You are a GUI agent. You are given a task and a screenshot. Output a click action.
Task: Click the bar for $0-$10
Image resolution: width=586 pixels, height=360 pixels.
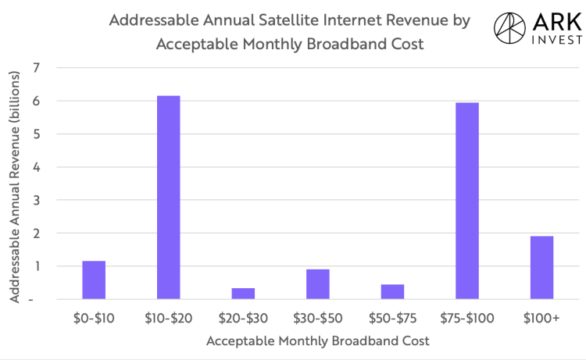[x=94, y=280]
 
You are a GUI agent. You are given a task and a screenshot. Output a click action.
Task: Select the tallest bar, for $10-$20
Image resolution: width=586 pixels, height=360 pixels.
[x=168, y=197]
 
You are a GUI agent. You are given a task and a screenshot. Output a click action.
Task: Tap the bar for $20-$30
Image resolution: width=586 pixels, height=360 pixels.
[x=243, y=293]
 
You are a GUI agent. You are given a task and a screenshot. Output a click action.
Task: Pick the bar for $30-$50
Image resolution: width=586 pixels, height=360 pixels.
[x=317, y=283]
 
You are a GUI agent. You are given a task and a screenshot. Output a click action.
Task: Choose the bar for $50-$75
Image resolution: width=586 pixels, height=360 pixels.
[x=392, y=291]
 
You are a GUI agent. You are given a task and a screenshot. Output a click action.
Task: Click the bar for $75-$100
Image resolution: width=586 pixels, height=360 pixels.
[x=466, y=201]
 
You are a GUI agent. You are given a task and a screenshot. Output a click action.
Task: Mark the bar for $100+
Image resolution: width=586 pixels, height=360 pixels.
[x=541, y=267]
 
